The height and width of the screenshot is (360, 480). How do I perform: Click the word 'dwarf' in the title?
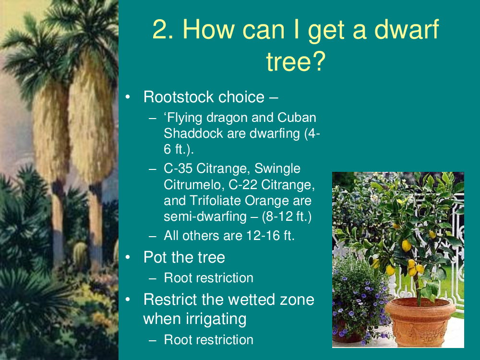pyautogui.click(x=407, y=29)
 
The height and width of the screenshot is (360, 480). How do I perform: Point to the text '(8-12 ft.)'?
pyautogui.click(x=287, y=216)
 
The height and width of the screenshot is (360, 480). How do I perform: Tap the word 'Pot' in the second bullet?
pyautogui.click(x=154, y=257)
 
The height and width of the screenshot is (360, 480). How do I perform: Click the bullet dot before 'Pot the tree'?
pyautogui.click(x=128, y=257)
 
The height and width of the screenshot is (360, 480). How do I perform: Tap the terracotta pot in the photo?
pyautogui.click(x=420, y=322)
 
